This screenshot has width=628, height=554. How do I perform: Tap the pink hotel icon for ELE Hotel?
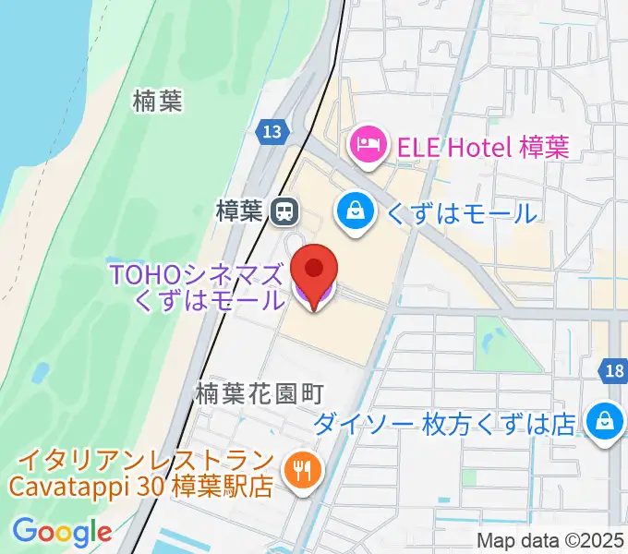click(x=367, y=146)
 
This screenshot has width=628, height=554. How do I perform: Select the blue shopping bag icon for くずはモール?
click(x=356, y=212)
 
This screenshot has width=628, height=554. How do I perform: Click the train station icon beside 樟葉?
click(x=284, y=212)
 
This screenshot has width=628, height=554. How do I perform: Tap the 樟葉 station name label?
click(x=240, y=212)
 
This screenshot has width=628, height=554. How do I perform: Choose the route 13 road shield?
click(x=271, y=131)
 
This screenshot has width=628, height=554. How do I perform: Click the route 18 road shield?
click(x=615, y=371)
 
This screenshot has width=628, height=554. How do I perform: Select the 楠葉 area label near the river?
click(x=157, y=101)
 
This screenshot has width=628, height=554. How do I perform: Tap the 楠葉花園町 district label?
click(x=259, y=394)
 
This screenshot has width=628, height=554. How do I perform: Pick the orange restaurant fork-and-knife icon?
click(x=300, y=471)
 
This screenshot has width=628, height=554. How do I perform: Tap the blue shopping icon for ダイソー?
click(x=603, y=422)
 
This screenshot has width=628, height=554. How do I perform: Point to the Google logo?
click(x=62, y=532)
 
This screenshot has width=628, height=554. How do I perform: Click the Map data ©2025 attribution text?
click(x=550, y=541)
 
